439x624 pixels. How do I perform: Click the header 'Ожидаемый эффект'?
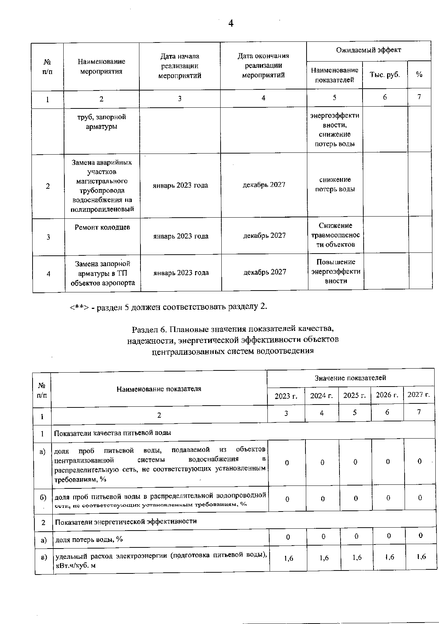coord(368,50)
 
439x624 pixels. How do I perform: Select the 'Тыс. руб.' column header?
coord(384,74)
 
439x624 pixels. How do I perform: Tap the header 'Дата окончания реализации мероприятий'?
coord(263,66)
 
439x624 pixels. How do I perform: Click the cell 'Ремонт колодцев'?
coord(102,228)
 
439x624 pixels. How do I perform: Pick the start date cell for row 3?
coord(181,236)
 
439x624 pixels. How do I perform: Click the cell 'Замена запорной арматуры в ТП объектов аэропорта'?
coord(103,273)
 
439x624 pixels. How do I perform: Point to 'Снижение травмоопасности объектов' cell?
coord(335,235)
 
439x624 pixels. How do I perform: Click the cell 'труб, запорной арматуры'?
coord(101,122)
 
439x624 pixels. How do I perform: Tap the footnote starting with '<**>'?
coord(168,306)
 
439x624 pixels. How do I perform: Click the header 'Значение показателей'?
coord(350,377)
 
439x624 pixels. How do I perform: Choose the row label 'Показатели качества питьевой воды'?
coord(113,433)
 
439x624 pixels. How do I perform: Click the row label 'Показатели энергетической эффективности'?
coord(125,521)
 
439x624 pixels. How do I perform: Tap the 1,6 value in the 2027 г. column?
coord(421,557)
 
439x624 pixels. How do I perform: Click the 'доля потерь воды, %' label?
coord(89,539)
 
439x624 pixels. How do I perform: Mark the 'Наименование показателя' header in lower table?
coord(159,389)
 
